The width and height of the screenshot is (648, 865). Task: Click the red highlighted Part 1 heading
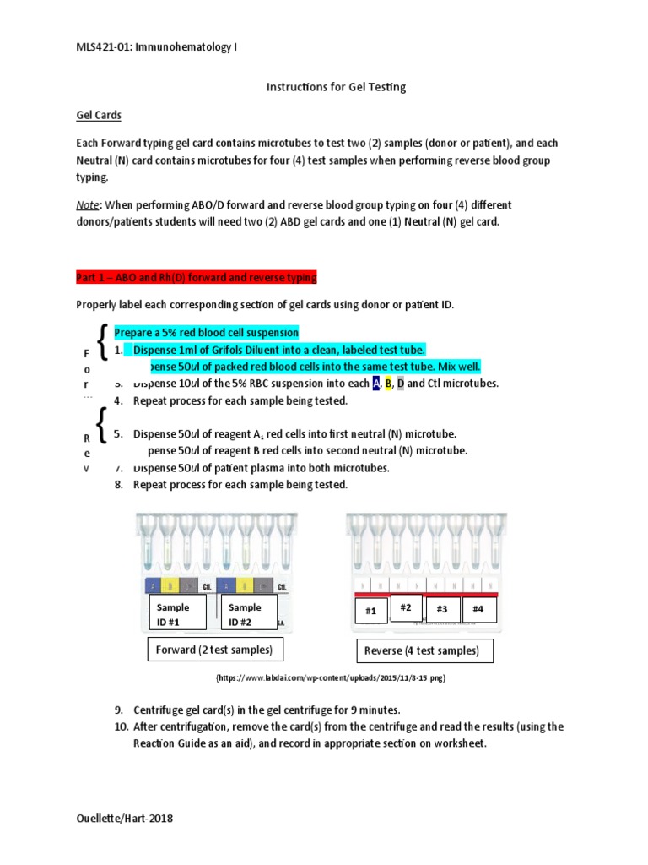pos(196,277)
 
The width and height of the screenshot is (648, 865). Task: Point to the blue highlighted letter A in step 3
pos(376,384)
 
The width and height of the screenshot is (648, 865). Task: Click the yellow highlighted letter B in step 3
pos(389,384)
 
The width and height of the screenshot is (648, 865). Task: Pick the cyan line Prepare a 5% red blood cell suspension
pos(206,333)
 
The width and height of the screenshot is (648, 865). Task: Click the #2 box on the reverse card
pos(406,607)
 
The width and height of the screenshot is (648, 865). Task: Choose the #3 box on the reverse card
pos(442,609)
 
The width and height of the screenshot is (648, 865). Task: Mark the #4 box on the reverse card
pos(478,609)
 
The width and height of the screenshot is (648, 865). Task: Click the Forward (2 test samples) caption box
pos(215,650)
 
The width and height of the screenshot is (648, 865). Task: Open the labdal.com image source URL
pos(331,677)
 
